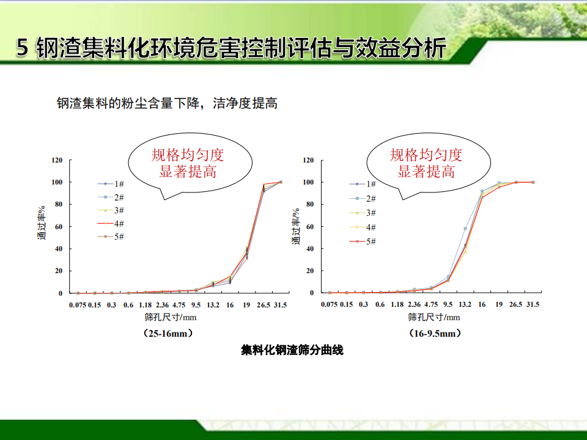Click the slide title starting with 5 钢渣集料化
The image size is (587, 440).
[x=231, y=48]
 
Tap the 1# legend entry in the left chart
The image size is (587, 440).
[x=111, y=184]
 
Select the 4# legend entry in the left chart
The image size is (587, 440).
[x=111, y=224]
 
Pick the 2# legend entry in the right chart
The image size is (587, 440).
[x=363, y=198]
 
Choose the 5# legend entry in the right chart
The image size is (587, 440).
[x=363, y=241]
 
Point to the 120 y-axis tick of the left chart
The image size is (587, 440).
[x=57, y=160]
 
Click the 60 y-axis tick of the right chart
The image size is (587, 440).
[x=309, y=226]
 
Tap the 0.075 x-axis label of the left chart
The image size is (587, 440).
[x=78, y=305]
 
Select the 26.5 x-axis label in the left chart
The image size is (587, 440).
[x=264, y=305]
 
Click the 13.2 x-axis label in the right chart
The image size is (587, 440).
[x=465, y=304]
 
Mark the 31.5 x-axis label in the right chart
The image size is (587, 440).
[x=533, y=304]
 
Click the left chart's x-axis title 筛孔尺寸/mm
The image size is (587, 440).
[x=171, y=317]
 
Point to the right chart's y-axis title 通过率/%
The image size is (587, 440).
[x=296, y=227]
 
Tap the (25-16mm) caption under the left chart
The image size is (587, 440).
[x=168, y=333]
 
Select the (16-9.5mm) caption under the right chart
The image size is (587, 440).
[x=435, y=333]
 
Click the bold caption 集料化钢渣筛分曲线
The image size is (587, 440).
[x=292, y=350]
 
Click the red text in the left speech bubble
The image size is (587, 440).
[x=188, y=163]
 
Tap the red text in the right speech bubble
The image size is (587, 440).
[x=426, y=163]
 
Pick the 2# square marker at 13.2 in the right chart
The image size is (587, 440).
[x=465, y=228]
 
